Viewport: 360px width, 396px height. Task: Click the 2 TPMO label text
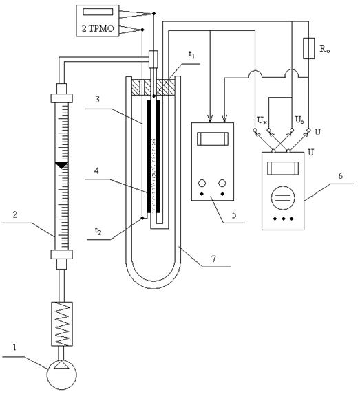pos(98,28)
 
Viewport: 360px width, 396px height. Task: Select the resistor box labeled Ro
pos(308,48)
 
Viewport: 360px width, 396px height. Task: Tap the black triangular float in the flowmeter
pos(61,165)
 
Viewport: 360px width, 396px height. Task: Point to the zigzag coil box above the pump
pos(62,324)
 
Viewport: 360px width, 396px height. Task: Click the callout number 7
pos(214,258)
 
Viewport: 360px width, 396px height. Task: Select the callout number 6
pos(340,175)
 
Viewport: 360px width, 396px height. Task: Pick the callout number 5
pos(234,215)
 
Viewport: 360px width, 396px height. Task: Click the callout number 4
pos(96,170)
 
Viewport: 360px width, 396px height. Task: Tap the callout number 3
pos(97,99)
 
